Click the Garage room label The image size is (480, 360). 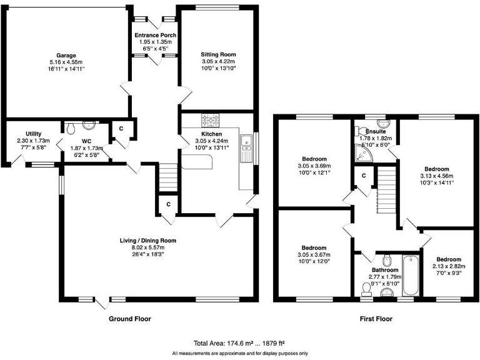point(62,55)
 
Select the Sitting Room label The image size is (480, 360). point(218,54)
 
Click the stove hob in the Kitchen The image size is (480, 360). point(210,120)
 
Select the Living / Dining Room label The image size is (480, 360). point(148,240)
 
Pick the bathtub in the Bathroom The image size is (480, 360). point(411,276)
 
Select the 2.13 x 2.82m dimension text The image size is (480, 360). point(448,266)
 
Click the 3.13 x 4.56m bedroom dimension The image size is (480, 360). point(437,176)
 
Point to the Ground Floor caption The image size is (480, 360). point(130,319)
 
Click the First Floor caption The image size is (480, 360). point(376,319)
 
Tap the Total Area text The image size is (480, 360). point(239,343)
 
